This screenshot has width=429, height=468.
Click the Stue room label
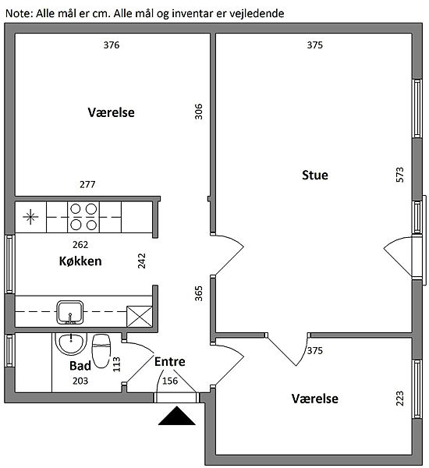pos(314,175)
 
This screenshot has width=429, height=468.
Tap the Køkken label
pos(80,261)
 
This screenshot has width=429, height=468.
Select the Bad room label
pos(80,366)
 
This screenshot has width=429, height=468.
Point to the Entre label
pos(169,362)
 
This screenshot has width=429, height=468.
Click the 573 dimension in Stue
pos(399,175)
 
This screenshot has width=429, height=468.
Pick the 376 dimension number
pos(112,45)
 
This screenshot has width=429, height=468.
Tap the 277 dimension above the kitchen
pos(87,184)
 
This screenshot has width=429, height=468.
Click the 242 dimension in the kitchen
pos(141,261)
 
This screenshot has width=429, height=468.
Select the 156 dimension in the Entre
pos(170,381)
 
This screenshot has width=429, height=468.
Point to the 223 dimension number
pos(399,399)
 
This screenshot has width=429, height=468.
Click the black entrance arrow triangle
pos(177,416)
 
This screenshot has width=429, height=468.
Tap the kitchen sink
pos(70,313)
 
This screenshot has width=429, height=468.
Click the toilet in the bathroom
pos(101,351)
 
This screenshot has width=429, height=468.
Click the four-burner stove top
pos(83,217)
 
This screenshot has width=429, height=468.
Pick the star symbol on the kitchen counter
pos(30,217)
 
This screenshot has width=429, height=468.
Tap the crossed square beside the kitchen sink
pos(140,316)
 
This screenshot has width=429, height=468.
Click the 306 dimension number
pos(199,112)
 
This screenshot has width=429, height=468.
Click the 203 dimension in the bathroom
pos(80,381)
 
